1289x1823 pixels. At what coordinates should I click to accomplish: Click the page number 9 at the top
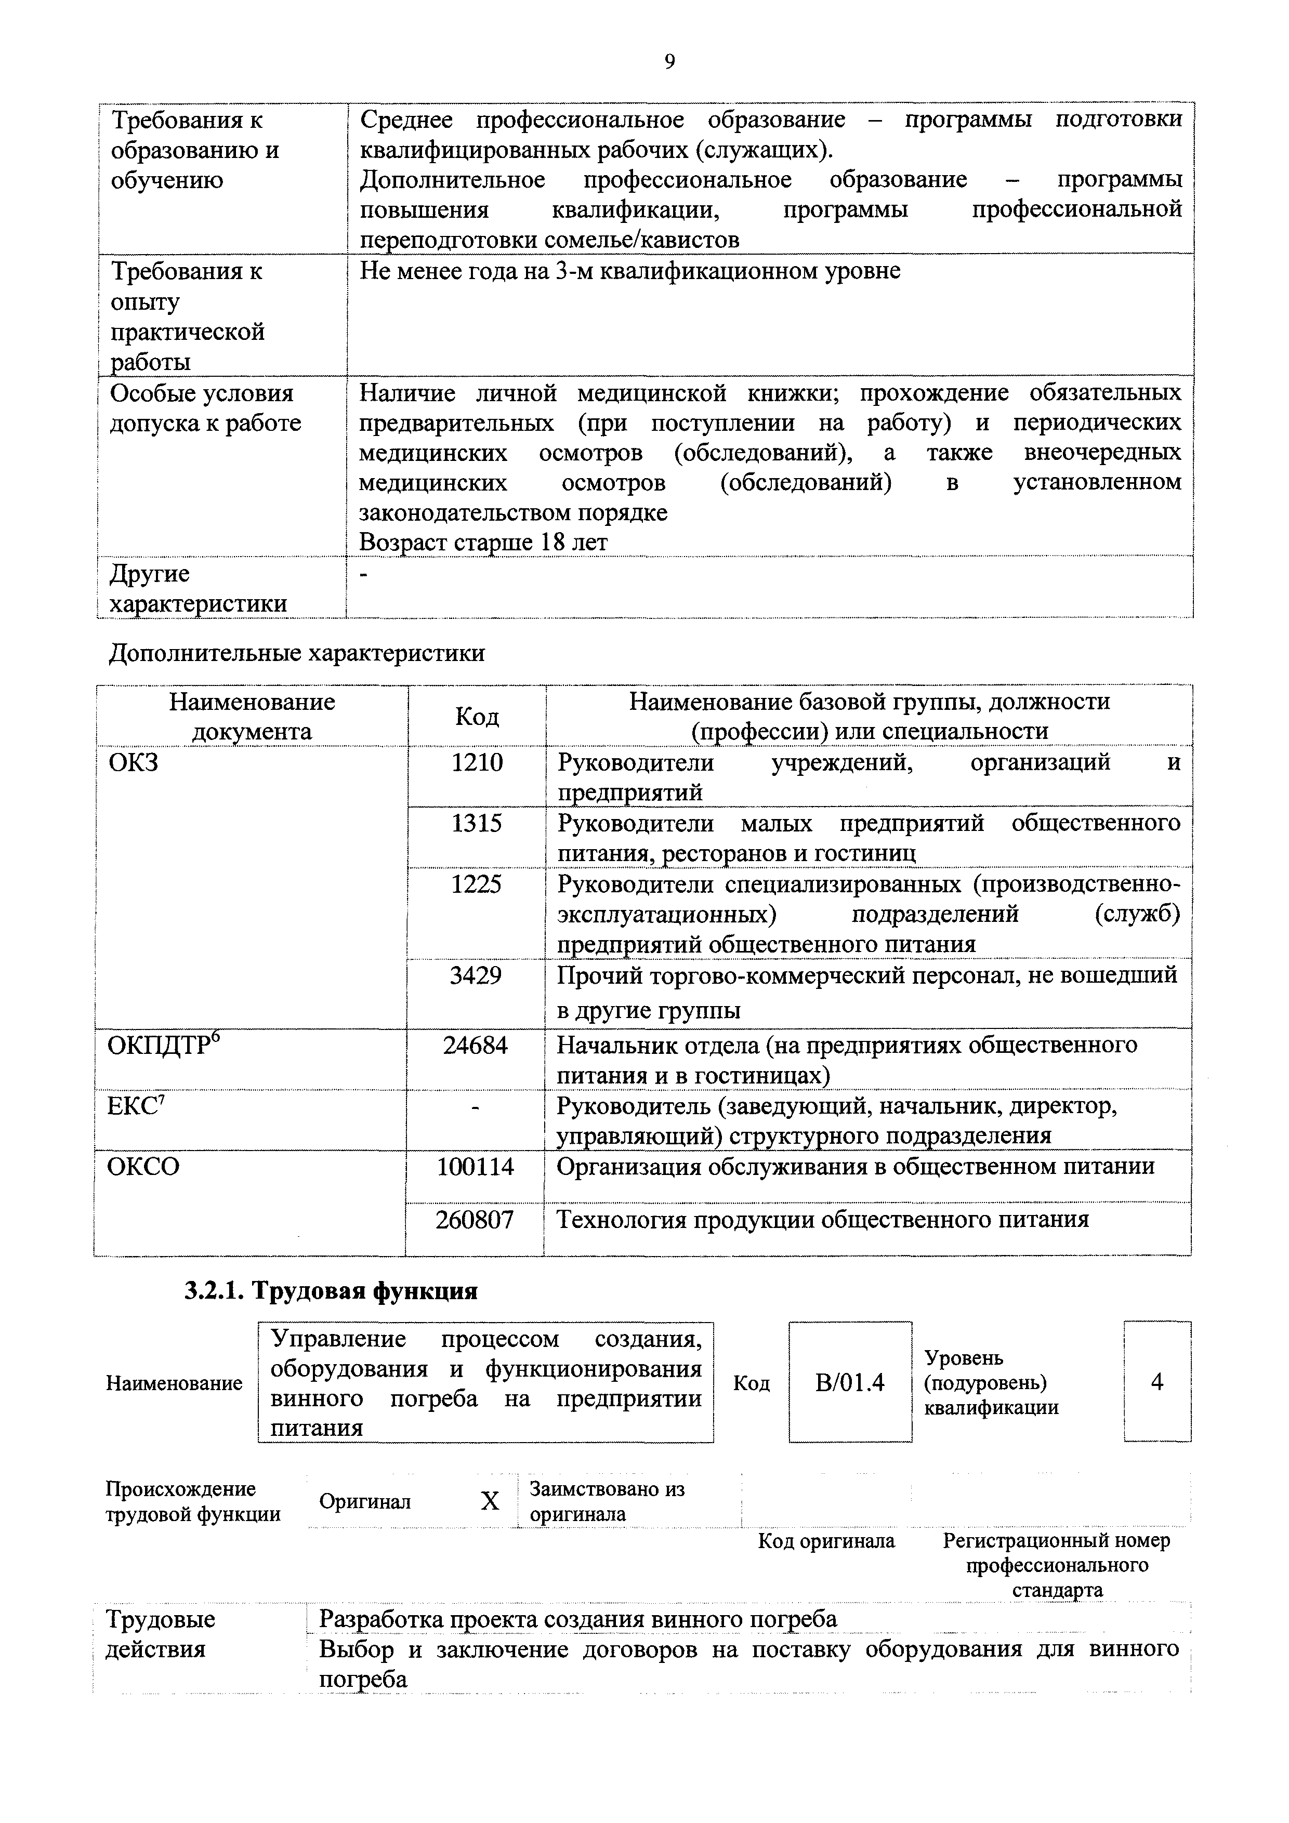pyautogui.click(x=669, y=62)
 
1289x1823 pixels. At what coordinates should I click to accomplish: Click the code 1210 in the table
pyautogui.click(x=477, y=763)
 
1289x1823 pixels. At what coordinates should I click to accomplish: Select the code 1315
pyautogui.click(x=477, y=823)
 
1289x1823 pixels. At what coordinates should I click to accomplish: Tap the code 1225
pyautogui.click(x=477, y=884)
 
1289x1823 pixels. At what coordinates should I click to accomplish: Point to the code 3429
pyautogui.click(x=476, y=975)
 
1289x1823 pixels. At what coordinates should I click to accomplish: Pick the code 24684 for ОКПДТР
pyautogui.click(x=475, y=1045)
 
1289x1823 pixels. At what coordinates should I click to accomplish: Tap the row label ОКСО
pyautogui.click(x=143, y=1166)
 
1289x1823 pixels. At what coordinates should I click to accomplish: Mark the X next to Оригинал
pyautogui.click(x=490, y=1501)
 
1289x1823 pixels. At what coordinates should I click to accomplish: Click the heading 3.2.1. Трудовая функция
pyautogui.click(x=331, y=1291)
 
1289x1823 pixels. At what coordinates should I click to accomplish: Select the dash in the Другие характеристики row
pyautogui.click(x=364, y=575)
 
